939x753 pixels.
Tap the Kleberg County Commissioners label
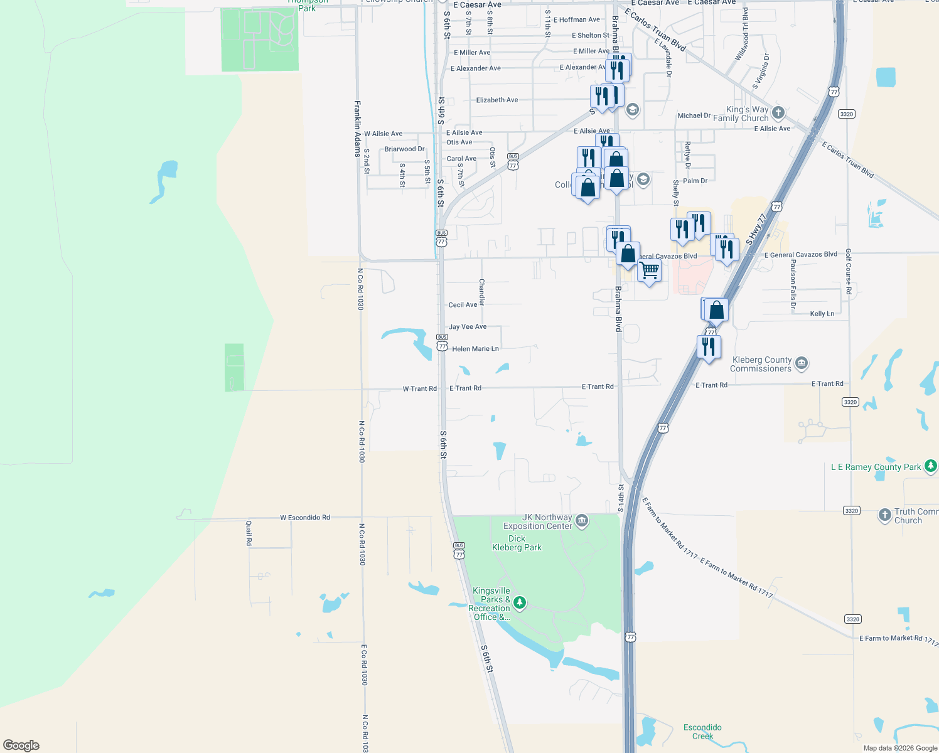(761, 364)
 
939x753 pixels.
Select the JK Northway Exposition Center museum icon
(582, 521)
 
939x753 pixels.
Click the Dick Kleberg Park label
(517, 543)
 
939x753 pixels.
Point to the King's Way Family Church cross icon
(778, 113)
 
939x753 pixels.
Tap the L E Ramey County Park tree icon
(931, 466)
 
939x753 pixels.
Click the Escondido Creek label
(702, 732)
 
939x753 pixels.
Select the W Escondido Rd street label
(304, 518)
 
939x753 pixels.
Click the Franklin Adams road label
(358, 128)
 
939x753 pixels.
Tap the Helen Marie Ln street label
(475, 349)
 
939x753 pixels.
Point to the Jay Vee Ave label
(468, 327)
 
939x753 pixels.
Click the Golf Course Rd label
(848, 271)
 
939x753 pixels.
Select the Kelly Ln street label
(822, 314)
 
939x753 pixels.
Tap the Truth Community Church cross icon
(884, 515)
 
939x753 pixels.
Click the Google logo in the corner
(21, 745)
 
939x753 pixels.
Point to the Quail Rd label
(249, 533)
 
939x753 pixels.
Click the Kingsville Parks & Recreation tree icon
(519, 603)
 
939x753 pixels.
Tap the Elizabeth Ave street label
(497, 100)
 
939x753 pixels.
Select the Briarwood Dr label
(404, 149)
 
